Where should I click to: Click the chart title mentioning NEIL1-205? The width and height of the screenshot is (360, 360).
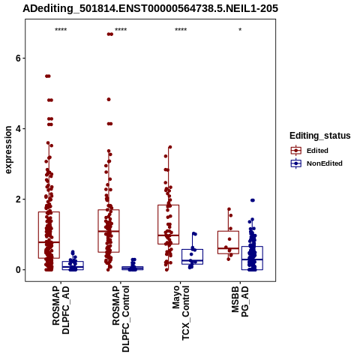[x=150, y=9]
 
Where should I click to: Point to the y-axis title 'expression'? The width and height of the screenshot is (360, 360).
[x=8, y=150]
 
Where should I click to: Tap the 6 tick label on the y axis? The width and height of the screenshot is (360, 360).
[x=18, y=58]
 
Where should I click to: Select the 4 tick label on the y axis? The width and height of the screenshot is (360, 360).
[x=18, y=129]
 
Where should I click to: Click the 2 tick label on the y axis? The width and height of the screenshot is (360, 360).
[x=18, y=199]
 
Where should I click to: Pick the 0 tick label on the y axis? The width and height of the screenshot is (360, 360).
[x=18, y=270]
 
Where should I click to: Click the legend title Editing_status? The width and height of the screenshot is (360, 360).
[x=320, y=136]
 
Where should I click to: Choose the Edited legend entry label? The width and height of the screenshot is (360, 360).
[x=317, y=151]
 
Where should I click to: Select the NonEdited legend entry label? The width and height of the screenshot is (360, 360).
[x=325, y=163]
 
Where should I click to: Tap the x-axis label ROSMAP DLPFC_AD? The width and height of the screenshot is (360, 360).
[x=61, y=310]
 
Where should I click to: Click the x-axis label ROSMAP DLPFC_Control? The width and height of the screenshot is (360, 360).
[x=121, y=319]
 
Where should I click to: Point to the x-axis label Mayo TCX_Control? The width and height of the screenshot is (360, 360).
[x=181, y=313]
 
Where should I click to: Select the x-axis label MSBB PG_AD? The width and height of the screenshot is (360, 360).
[x=240, y=301]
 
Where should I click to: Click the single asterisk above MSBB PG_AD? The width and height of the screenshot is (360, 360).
[x=240, y=30]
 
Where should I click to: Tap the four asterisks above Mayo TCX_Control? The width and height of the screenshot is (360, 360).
[x=181, y=30]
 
